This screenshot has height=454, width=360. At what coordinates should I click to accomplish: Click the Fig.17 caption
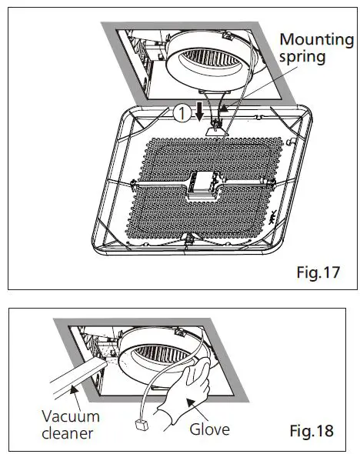tap(317, 272)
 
